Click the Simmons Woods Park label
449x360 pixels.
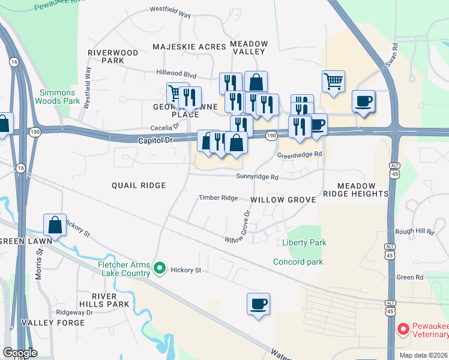[x=58, y=97]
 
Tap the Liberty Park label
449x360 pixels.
[x=304, y=242]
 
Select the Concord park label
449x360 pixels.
[x=298, y=262]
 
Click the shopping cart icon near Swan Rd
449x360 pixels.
[x=333, y=80]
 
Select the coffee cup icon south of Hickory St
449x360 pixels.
[x=258, y=304]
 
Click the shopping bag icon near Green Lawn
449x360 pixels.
[x=55, y=225]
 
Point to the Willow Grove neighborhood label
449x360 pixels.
[x=283, y=199]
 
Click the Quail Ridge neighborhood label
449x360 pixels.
[x=139, y=185]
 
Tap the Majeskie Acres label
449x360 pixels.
[x=189, y=46]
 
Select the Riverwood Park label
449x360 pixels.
[x=113, y=56]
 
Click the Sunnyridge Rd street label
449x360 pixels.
[x=258, y=177]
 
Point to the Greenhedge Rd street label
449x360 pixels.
[x=300, y=154]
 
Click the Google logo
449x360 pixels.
[x=20, y=353]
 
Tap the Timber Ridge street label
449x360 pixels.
[x=218, y=197]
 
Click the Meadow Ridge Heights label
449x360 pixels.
[x=355, y=190]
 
